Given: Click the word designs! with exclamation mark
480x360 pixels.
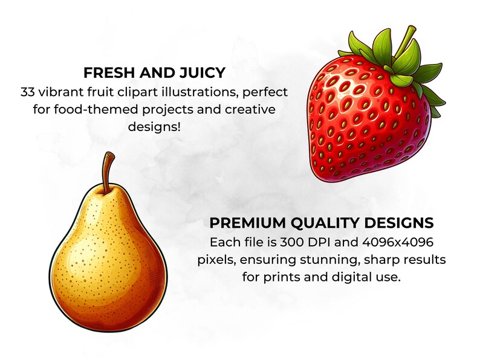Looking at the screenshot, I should coord(155,128).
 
